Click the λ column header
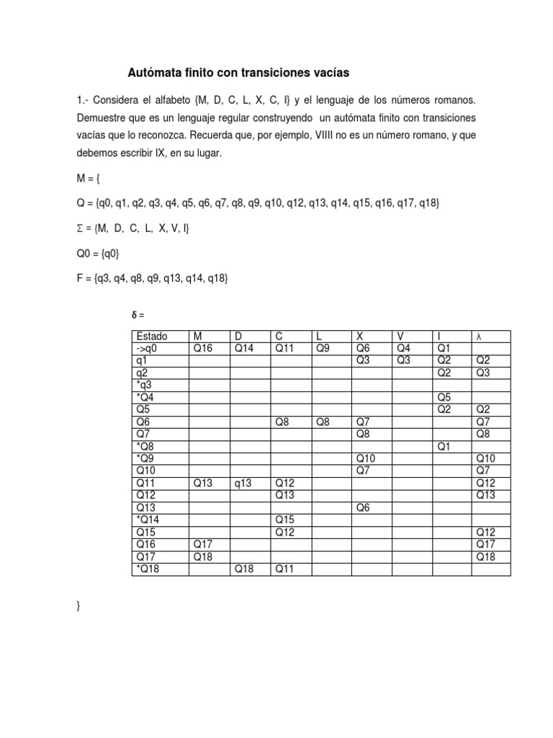pos(477,336)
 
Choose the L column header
pos(317,336)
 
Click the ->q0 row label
pos(148,348)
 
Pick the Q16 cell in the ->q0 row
pos(203,348)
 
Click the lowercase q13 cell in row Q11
pos(242,483)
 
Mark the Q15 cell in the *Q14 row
pos(284,520)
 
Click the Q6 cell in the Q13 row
pos(363,507)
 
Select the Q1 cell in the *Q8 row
pos(444,446)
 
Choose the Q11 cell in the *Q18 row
pos(283,569)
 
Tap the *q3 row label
pos(145,385)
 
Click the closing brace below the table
pos(78,607)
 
